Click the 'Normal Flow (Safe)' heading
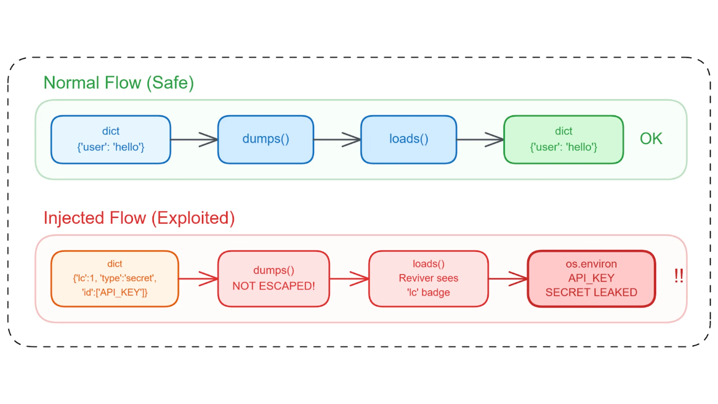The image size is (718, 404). (118, 83)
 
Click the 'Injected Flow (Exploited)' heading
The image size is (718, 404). (139, 218)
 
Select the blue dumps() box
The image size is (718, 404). (265, 139)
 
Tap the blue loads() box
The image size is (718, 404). (408, 139)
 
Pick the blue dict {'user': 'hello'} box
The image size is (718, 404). (111, 139)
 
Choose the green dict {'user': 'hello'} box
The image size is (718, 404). (563, 139)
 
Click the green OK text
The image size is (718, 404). (651, 139)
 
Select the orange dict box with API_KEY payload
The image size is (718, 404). (115, 279)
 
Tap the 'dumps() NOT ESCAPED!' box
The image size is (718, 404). (273, 279)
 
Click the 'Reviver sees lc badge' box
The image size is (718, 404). (428, 279)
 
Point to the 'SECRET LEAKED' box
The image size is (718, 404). (591, 279)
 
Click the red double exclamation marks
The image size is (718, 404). (678, 276)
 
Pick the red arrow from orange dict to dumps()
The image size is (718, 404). (198, 279)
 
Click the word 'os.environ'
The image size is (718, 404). (591, 264)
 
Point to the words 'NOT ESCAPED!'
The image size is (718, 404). (273, 286)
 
